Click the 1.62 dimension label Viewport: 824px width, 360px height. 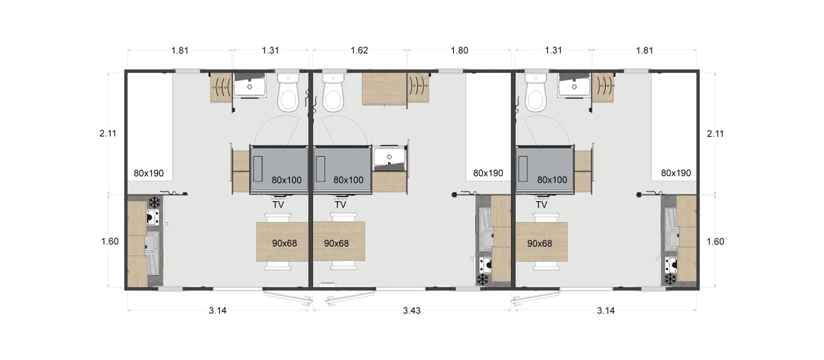pyautogui.click(x=359, y=50)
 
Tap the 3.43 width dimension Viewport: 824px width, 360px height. pyautogui.click(x=411, y=311)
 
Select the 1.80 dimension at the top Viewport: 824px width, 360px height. pyautogui.click(x=459, y=50)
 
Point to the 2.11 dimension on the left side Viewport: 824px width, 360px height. pyautogui.click(x=108, y=133)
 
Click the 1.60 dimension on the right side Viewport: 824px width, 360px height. pyautogui.click(x=715, y=241)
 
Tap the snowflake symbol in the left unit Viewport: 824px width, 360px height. pyautogui.click(x=154, y=202)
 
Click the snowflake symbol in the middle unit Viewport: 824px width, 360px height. pyautogui.click(x=482, y=280)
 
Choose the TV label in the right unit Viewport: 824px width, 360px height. pyautogui.click(x=541, y=205)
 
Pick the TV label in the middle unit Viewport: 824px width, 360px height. pyautogui.click(x=341, y=205)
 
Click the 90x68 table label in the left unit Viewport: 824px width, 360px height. pyautogui.click(x=284, y=243)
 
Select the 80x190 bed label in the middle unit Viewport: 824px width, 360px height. pyautogui.click(x=488, y=173)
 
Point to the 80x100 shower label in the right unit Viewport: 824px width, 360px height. pyautogui.click(x=552, y=179)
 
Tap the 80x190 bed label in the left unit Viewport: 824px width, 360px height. pyautogui.click(x=148, y=173)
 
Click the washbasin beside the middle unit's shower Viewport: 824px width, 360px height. pyautogui.click(x=389, y=159)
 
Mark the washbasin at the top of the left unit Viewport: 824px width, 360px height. pyautogui.click(x=250, y=85)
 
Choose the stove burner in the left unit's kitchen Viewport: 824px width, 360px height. pyautogui.click(x=153, y=217)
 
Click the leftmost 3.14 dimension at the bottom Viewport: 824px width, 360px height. pyautogui.click(x=218, y=311)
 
